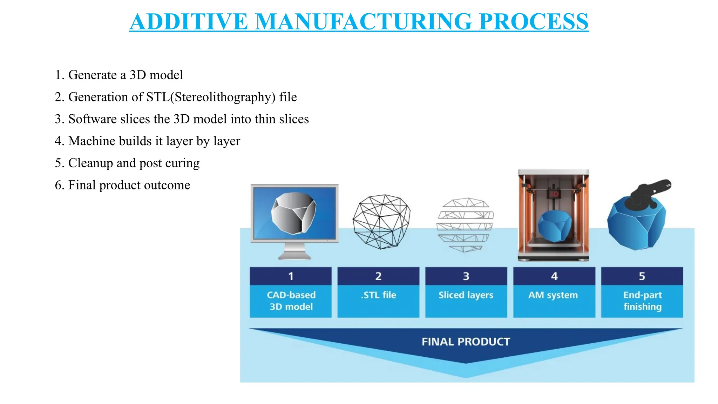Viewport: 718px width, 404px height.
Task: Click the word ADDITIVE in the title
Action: click(189, 22)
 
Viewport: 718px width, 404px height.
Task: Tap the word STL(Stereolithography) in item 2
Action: click(211, 97)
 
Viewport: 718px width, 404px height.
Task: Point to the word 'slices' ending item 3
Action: click(294, 119)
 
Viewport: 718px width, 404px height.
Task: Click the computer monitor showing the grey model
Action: click(294, 213)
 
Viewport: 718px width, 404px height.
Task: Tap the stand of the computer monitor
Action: click(294, 252)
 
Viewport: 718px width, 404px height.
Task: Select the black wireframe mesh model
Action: click(381, 222)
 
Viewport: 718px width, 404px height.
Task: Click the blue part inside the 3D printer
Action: click(554, 226)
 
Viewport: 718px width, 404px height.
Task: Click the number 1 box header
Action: click(291, 276)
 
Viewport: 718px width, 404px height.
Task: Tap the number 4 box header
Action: click(554, 276)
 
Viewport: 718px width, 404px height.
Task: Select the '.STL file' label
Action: click(378, 295)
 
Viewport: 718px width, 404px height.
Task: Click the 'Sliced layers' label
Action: click(466, 295)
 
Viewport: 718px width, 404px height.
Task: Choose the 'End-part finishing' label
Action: click(642, 301)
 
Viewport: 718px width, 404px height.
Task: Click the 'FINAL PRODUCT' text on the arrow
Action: click(466, 342)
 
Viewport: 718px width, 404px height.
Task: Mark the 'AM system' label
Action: click(553, 295)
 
